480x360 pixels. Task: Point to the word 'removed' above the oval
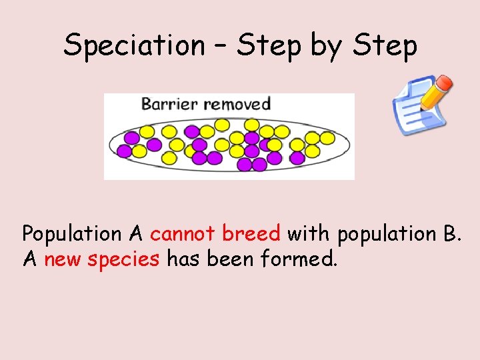pyautogui.click(x=237, y=103)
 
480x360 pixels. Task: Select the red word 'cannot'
pyautogui.click(x=183, y=234)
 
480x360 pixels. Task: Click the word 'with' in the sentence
pyautogui.click(x=308, y=234)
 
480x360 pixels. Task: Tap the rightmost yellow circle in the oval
pyautogui.click(x=327, y=138)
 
